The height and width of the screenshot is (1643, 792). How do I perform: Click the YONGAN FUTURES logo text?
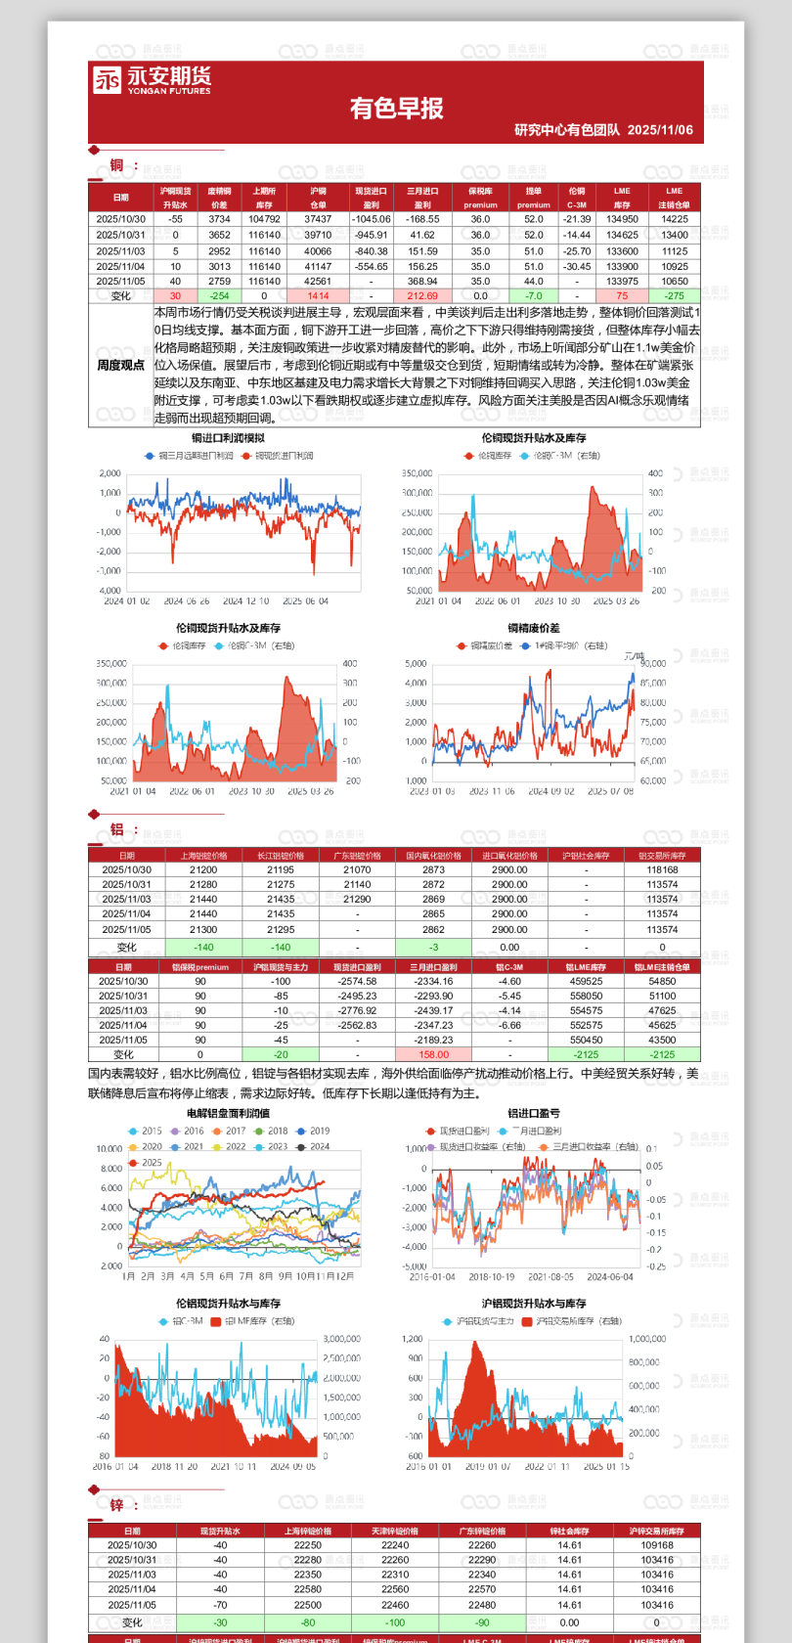pos(168,91)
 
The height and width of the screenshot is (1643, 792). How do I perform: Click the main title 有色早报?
pos(396,109)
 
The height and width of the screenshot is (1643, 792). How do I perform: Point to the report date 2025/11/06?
pos(660,130)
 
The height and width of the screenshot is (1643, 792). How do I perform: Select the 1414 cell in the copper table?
pos(318,295)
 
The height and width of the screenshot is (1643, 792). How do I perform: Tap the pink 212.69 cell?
pos(422,295)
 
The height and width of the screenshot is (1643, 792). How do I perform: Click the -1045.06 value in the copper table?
pos(371,219)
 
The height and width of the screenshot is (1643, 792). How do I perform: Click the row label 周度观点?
pos(120,365)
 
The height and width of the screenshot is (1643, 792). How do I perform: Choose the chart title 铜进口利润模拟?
pos(228,438)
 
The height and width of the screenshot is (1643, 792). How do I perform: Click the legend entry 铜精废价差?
pos(491,645)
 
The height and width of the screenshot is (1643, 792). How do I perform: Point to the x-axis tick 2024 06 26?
pos(187,601)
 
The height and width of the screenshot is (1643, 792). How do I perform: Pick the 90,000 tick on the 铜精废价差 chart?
pos(652,664)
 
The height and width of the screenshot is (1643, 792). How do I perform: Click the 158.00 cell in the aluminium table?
pos(433,1054)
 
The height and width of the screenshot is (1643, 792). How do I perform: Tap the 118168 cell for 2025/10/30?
pos(662,869)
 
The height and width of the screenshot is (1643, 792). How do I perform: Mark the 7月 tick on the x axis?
pos(246,1276)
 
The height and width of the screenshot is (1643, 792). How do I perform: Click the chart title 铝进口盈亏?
pos(534,1113)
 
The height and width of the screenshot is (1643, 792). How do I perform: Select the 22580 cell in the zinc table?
pos(308,1589)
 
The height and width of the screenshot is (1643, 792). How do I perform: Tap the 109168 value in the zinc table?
pos(657,1545)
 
